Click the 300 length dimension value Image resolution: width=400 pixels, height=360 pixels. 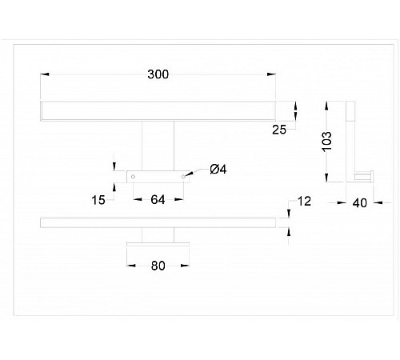coord(158,74)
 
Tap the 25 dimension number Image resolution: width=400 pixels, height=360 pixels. coord(279,130)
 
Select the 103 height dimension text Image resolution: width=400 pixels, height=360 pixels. coord(327,142)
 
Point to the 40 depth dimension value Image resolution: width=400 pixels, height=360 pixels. coord(360,203)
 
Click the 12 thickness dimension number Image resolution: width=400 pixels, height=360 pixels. coord(304,202)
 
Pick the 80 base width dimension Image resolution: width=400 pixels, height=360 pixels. coord(158,266)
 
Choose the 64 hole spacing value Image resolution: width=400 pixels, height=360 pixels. coord(158,200)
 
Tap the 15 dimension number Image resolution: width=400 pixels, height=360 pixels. coord(98,200)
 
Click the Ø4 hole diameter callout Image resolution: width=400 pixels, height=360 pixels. coord(218,170)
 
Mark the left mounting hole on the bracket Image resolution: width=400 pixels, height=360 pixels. coord(133,177)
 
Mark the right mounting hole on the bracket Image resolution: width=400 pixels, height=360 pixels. coord(183,177)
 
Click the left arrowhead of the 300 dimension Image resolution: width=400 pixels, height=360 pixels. coord(45,74)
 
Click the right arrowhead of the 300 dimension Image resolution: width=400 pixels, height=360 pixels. coord(271,74)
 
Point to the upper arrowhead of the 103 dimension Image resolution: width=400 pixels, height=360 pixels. coord(326,106)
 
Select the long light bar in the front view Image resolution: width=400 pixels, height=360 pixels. coord(158,111)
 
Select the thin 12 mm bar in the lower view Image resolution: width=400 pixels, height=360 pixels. coord(158,222)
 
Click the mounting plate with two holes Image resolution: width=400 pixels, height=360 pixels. coord(158,177)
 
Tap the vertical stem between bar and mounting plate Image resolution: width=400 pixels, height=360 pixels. coord(158,146)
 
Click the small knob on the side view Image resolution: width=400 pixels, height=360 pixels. coord(364,177)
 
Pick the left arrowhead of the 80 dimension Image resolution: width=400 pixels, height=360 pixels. coord(131,266)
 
